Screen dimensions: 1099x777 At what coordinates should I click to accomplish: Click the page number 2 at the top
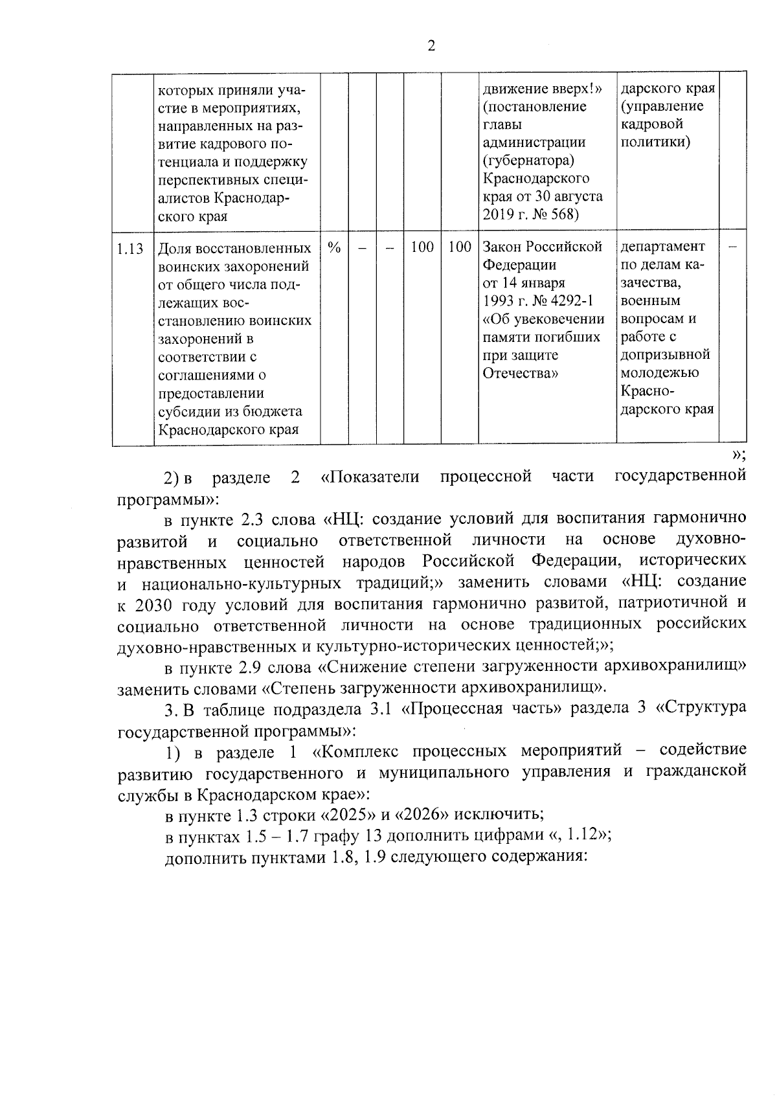[431, 46]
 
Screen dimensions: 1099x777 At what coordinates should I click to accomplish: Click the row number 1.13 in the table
[130, 249]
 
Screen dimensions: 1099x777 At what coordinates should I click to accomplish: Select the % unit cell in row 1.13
[334, 247]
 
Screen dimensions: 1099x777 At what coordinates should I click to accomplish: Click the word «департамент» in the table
[662, 247]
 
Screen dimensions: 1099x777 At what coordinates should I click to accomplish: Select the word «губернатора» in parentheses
[528, 160]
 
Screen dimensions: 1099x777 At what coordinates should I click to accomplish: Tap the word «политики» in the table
[655, 142]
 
